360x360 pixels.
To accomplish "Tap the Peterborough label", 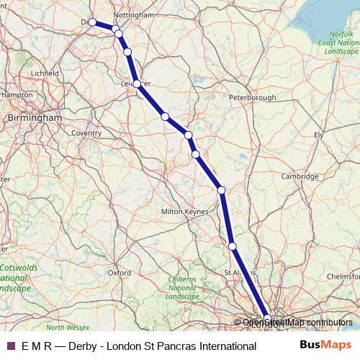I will [252, 96].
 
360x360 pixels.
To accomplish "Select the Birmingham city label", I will [34, 117].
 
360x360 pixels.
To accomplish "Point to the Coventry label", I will [86, 132].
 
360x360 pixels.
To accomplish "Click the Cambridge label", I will [300, 176].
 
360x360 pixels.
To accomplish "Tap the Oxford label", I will [119, 273].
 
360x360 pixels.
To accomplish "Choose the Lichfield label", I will [44, 73].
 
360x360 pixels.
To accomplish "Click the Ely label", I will [319, 135].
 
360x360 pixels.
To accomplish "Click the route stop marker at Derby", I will [92, 22].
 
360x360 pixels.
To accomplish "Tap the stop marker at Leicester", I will [137, 84].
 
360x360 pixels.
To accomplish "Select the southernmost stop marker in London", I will [268, 318].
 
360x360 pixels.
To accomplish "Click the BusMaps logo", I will [325, 346].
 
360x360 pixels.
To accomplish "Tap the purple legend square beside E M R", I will [10, 346].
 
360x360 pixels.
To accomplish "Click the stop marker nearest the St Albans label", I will [233, 246].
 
